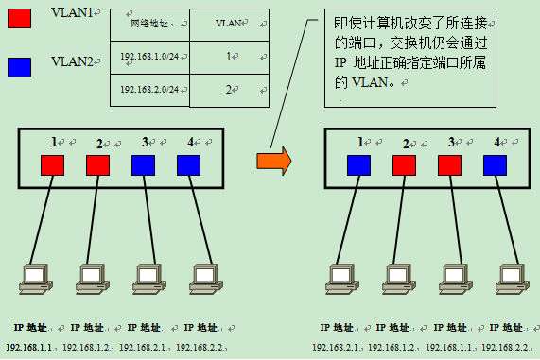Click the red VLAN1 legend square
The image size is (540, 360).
(x=19, y=20)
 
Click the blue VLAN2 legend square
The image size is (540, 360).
(x=19, y=67)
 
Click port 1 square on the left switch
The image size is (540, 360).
(x=52, y=165)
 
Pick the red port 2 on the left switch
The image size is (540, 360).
(x=98, y=165)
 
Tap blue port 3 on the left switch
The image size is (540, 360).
(x=144, y=165)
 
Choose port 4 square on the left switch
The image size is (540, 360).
(x=189, y=165)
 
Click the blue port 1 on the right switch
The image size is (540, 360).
(x=359, y=165)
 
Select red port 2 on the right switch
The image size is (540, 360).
(x=405, y=165)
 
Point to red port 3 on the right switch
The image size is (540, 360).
(x=450, y=165)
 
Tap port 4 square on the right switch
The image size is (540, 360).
(x=496, y=165)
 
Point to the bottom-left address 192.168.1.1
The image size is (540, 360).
(x=29, y=348)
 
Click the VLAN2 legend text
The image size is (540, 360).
(x=73, y=61)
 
